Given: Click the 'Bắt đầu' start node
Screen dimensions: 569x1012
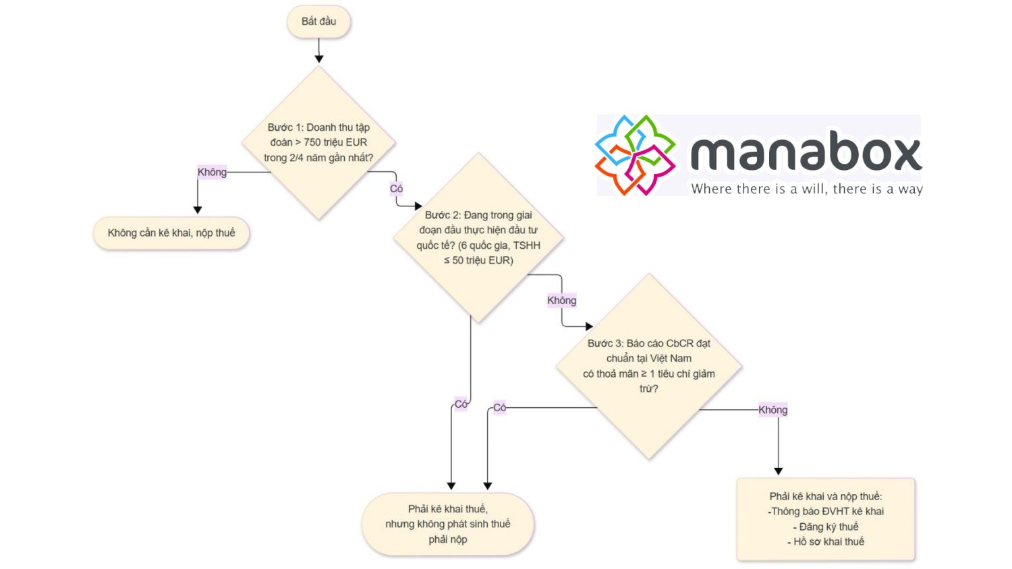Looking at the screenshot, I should [x=318, y=22].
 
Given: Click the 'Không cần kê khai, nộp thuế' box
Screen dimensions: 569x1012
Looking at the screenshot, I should [x=171, y=233].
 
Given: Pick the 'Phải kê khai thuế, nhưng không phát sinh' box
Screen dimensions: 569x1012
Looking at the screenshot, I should [x=448, y=525].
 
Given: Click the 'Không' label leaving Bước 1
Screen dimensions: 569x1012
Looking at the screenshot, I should [x=212, y=172].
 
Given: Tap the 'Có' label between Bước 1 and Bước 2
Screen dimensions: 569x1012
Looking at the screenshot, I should [x=396, y=189].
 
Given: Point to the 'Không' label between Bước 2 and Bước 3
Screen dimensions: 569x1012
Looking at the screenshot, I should [x=561, y=301].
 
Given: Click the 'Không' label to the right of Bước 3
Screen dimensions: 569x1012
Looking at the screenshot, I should [x=772, y=410].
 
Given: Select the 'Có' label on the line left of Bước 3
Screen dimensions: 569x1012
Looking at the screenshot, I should [x=499, y=407].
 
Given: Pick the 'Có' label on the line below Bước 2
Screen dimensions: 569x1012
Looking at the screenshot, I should [x=461, y=405].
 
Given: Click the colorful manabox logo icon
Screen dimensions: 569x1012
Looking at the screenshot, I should [x=635, y=155].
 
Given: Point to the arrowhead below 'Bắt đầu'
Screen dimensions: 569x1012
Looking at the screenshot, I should [x=319, y=59].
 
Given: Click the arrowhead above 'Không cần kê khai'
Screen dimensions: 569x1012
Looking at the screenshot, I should [x=198, y=210].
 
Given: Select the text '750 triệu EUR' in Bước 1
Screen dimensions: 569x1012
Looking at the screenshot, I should [x=335, y=142].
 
